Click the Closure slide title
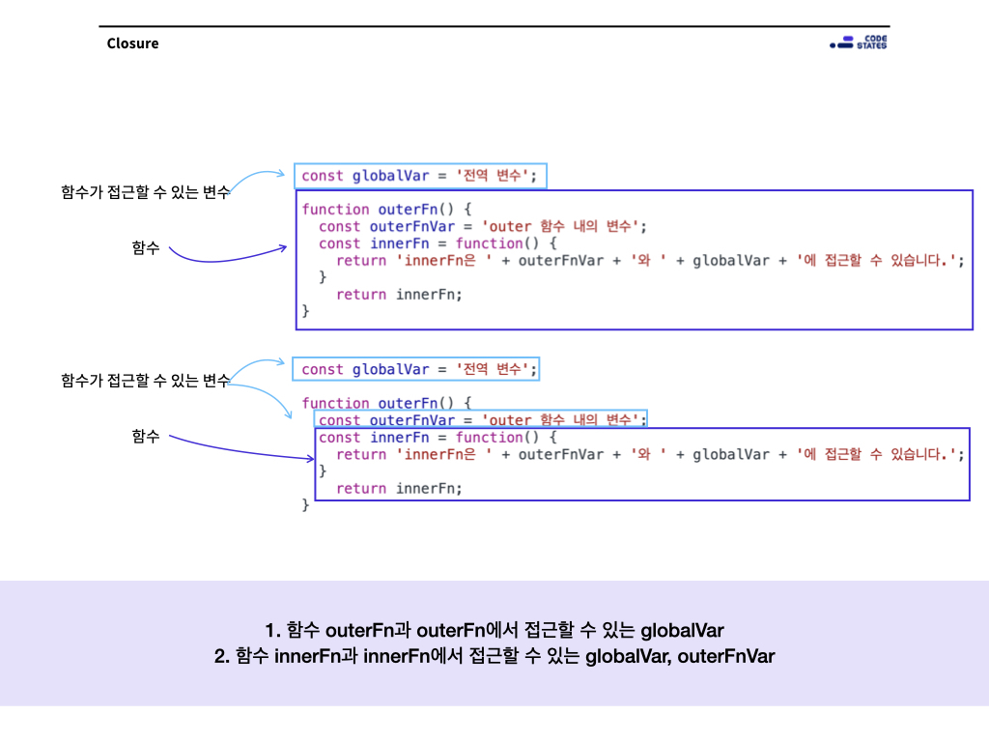pos(132,43)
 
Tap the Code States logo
pos(859,43)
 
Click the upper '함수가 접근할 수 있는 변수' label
pos(145,192)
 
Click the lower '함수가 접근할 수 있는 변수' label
pos(145,381)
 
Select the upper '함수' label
pos(146,248)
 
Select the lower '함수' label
pos(146,437)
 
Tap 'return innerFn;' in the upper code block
pos(399,295)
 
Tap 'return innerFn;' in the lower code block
pos(399,489)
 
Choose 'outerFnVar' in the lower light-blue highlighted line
pos(411,420)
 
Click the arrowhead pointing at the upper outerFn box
pos(283,248)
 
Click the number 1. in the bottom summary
pos(272,631)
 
